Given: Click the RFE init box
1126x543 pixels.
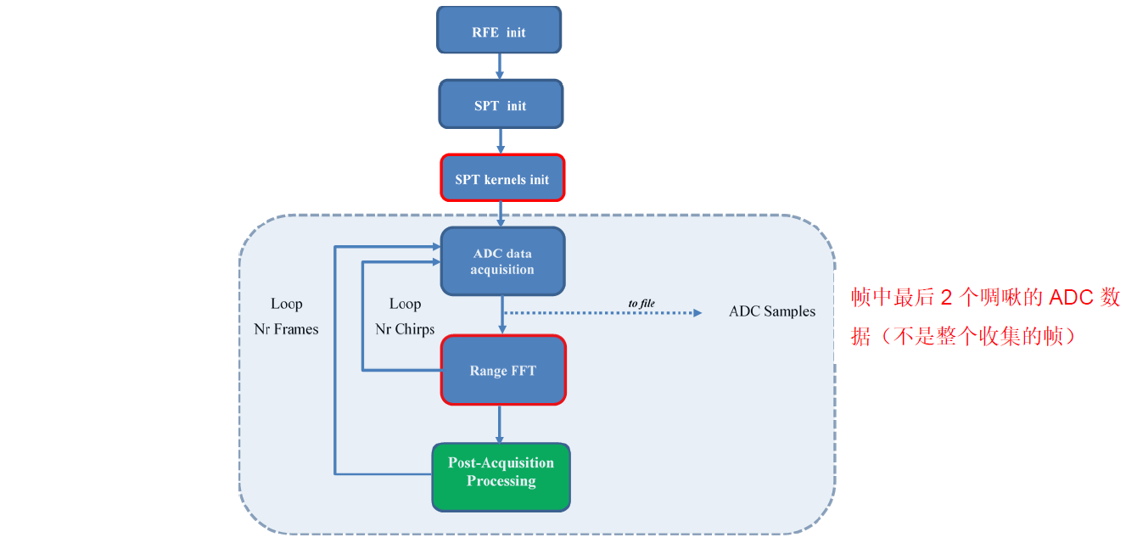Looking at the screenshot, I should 499,31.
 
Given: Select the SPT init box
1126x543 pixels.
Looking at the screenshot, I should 500,105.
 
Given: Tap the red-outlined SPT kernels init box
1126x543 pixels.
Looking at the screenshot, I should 502,178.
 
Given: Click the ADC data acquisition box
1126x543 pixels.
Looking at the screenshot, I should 502,261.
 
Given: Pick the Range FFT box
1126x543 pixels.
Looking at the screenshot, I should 502,370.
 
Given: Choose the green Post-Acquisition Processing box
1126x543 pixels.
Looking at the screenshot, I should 501,477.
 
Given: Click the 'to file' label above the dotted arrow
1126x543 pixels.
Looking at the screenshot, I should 641,303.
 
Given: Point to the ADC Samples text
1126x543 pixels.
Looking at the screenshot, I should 771,311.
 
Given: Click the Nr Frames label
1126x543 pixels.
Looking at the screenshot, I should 286,329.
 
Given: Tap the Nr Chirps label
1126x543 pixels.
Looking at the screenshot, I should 405,329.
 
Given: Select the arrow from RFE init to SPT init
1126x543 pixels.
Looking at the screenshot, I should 500,66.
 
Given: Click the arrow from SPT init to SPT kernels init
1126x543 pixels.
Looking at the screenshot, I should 501,141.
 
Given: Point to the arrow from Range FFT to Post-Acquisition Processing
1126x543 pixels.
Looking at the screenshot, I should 500,423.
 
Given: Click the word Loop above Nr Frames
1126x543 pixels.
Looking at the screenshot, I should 286,304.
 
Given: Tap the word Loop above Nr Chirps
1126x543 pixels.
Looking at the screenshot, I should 405,304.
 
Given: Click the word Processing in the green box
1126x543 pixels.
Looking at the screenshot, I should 501,481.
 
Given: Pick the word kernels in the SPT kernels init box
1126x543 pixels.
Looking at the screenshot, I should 507,180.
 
